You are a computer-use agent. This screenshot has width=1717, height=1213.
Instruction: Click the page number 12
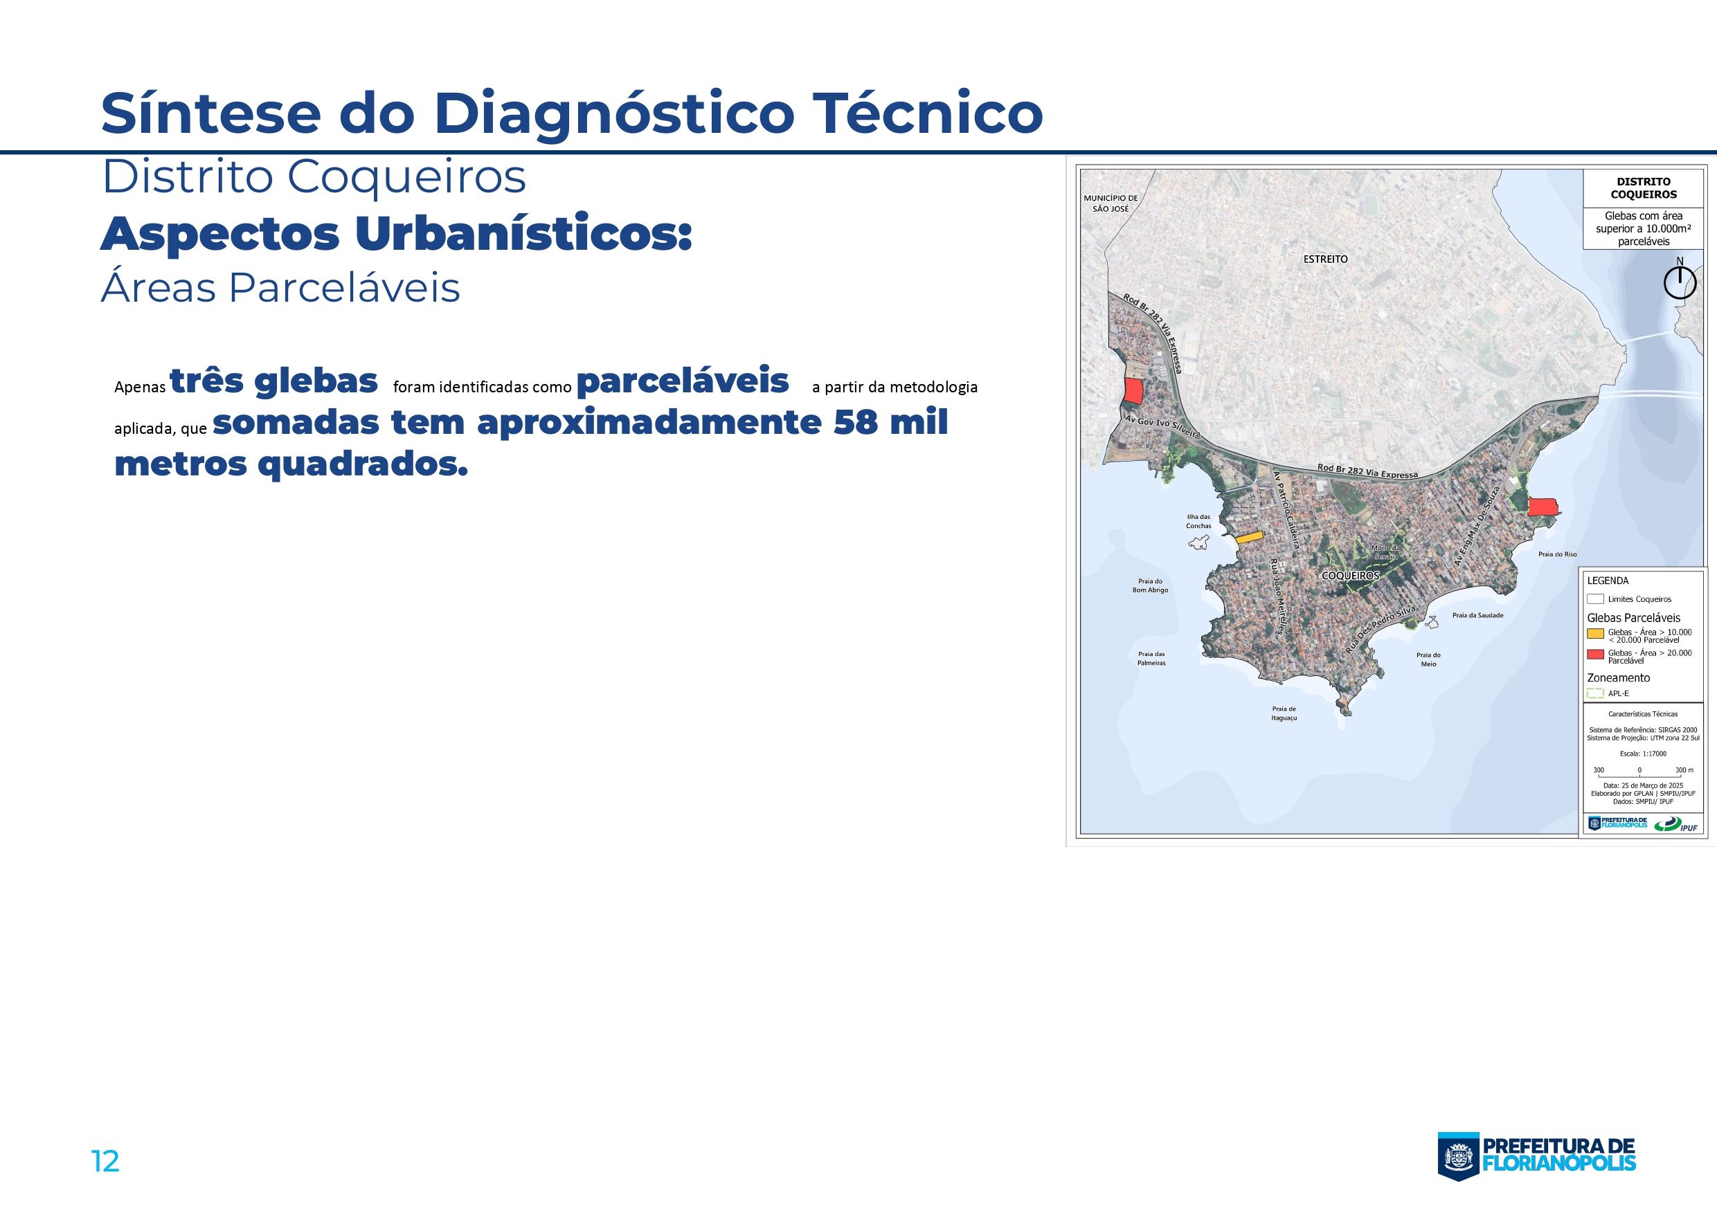pyautogui.click(x=105, y=1161)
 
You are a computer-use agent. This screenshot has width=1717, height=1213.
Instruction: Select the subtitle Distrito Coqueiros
pyautogui.click(x=314, y=178)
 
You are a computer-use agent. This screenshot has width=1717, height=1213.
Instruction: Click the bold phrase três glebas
pyautogui.click(x=273, y=381)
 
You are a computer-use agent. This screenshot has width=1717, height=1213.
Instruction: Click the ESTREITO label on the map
pyautogui.click(x=1325, y=259)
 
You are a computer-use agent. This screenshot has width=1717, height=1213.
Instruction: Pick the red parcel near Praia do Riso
pyautogui.click(x=1543, y=507)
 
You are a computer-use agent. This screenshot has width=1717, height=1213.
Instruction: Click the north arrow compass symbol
pyautogui.click(x=1679, y=281)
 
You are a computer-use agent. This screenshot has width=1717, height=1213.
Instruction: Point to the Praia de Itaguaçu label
pyautogui.click(x=1284, y=713)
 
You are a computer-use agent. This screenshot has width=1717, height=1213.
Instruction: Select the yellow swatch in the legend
pyautogui.click(x=1595, y=634)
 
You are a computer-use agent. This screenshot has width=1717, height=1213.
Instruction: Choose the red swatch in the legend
pyautogui.click(x=1595, y=655)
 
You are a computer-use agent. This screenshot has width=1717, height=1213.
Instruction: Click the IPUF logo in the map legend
pyautogui.click(x=1677, y=825)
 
